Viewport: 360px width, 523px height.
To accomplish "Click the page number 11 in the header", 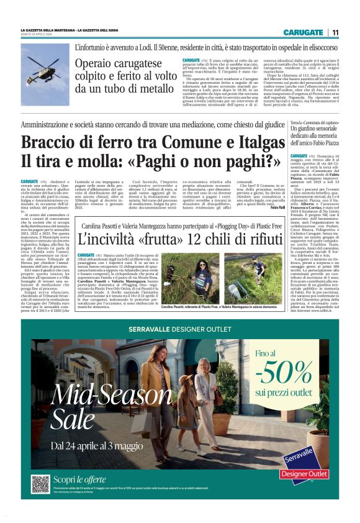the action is pyautogui.click(x=335, y=32).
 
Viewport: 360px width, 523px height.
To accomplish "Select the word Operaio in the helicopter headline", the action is pyautogui.click(x=99, y=64).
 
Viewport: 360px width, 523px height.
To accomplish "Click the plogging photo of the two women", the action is pyautogui.click(x=222, y=278).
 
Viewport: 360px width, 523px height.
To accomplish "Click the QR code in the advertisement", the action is pyautogui.click(x=40, y=484).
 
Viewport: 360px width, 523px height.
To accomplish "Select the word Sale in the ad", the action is pyautogui.click(x=73, y=420).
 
